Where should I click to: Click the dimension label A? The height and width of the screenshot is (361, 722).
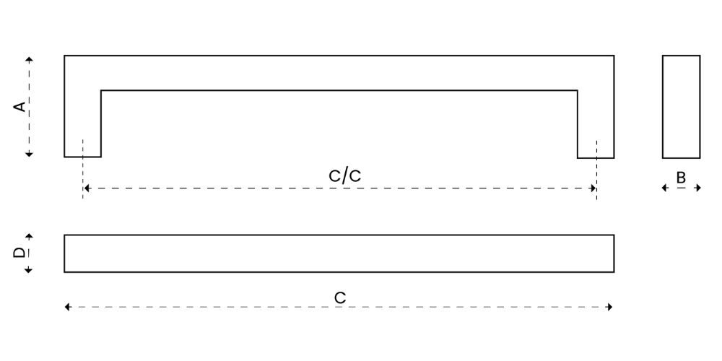pos(19,107)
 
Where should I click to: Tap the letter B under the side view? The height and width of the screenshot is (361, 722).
pos(681,178)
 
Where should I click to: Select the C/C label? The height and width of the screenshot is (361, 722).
pos(345,176)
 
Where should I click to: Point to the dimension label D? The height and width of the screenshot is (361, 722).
pos(19,253)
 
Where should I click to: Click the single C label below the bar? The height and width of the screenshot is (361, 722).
pos(340,298)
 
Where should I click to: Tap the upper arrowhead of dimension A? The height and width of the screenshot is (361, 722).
pos(29,59)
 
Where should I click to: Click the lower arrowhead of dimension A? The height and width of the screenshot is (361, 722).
pos(29,154)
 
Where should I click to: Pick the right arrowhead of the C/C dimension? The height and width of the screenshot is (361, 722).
pos(593,188)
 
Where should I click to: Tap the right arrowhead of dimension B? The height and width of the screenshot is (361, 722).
pos(697,188)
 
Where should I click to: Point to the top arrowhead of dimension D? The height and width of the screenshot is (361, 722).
pos(29,237)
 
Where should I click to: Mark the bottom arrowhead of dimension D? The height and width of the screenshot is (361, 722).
pos(29,270)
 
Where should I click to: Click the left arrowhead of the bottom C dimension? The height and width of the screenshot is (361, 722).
pos(68,307)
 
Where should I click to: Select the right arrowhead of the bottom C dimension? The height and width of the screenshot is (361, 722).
pos(609,307)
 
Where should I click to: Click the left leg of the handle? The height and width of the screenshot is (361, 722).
pos(82,123)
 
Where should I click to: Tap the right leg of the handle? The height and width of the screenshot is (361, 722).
pos(596,124)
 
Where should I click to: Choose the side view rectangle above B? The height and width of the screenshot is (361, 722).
pos(681,107)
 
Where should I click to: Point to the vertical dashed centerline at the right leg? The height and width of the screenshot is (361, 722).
pos(597,170)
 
